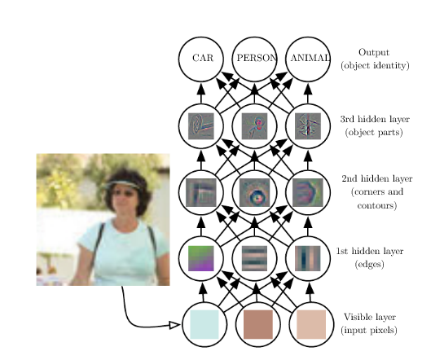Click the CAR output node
[201, 59]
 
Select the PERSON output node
[254, 59]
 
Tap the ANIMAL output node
[308, 59]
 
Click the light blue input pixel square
[204, 324]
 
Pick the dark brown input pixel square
[258, 324]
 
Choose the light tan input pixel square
[311, 324]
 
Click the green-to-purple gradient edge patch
[201, 258]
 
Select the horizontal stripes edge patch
[254, 258]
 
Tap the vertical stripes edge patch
[308, 258]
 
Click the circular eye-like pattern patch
[254, 192]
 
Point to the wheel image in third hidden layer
[201, 126]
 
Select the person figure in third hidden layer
[254, 126]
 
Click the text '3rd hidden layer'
[375, 119]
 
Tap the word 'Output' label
[374, 52]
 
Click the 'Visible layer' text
[370, 317]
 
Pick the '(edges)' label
[370, 264]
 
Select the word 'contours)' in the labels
[377, 205]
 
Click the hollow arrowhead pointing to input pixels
[174, 325]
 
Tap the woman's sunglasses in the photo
[124, 194]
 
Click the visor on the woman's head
[121, 185]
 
